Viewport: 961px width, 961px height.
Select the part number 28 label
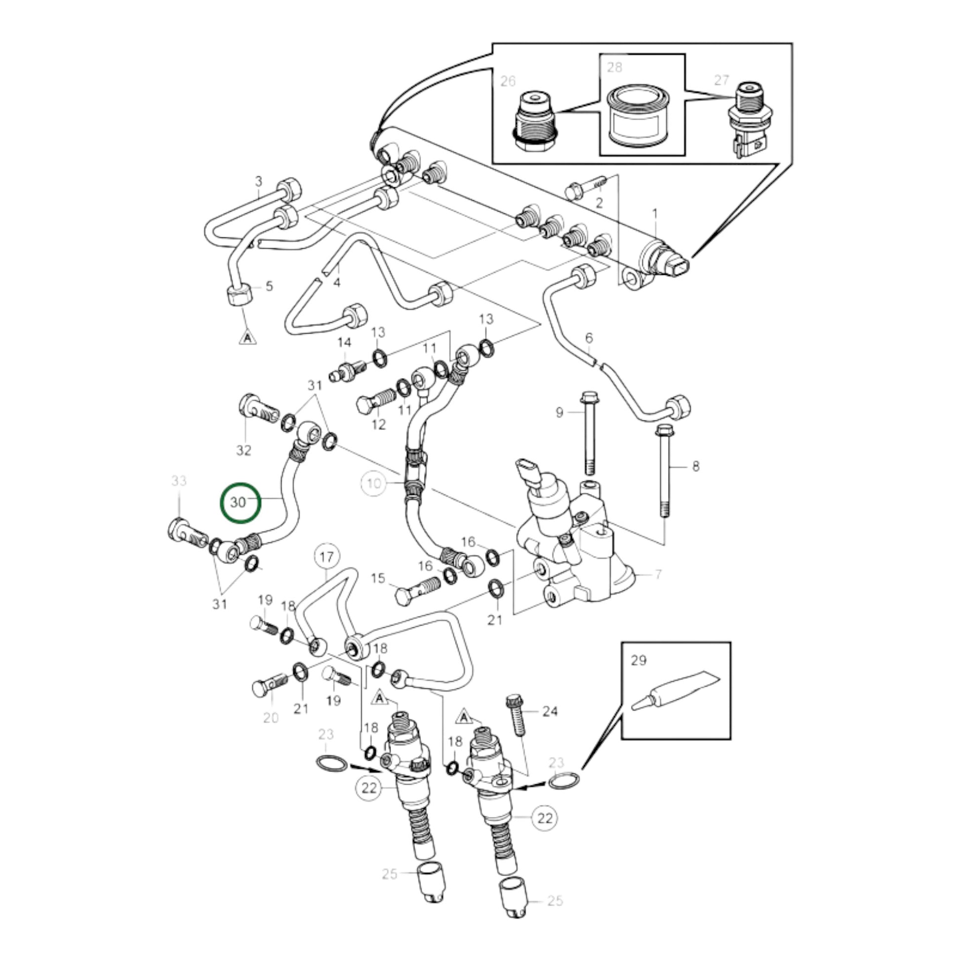[615, 67]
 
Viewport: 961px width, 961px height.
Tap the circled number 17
[326, 557]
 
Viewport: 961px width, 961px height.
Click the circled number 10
[374, 483]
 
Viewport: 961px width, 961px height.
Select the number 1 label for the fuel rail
[655, 214]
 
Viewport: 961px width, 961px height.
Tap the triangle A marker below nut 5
[247, 338]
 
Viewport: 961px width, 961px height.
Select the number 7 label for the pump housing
[659, 574]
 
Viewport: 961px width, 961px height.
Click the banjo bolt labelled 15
[417, 589]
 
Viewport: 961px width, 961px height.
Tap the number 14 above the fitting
[344, 343]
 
